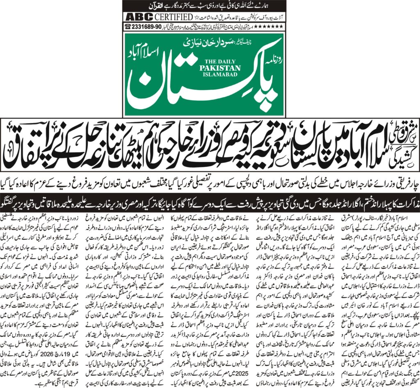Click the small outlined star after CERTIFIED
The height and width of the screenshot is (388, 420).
(x=196, y=17)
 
